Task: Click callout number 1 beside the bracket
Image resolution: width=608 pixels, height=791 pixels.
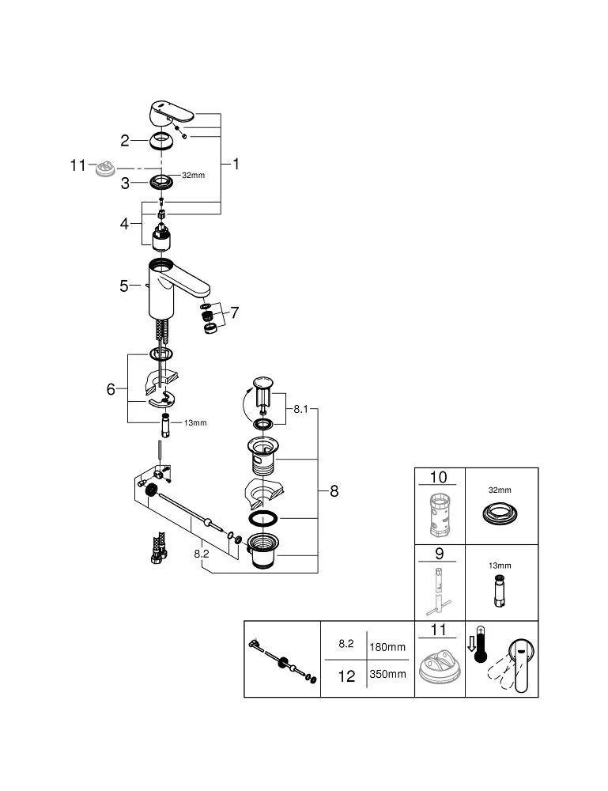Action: (x=235, y=164)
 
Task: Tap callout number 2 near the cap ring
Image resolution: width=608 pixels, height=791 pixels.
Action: (x=125, y=141)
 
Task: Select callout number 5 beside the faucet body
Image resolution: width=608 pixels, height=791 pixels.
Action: (x=124, y=286)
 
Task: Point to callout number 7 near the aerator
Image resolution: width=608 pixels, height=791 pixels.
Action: (x=234, y=313)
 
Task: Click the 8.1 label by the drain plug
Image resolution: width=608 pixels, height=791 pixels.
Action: (x=300, y=410)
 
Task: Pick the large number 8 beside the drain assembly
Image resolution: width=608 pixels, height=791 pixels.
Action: (x=334, y=491)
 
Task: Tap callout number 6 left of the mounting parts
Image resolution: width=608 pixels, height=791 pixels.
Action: (x=111, y=389)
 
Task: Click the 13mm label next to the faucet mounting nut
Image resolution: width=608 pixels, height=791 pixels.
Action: (x=194, y=422)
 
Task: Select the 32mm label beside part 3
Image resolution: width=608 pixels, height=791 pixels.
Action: (x=194, y=175)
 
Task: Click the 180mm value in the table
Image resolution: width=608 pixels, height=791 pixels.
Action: (x=388, y=646)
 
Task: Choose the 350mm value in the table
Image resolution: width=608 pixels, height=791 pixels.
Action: (x=388, y=674)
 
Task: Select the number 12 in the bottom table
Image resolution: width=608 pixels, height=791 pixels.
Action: (x=346, y=677)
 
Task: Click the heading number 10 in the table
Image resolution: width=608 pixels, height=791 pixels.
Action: (x=438, y=478)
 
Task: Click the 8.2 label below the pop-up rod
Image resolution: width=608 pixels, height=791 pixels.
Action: (x=202, y=554)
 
